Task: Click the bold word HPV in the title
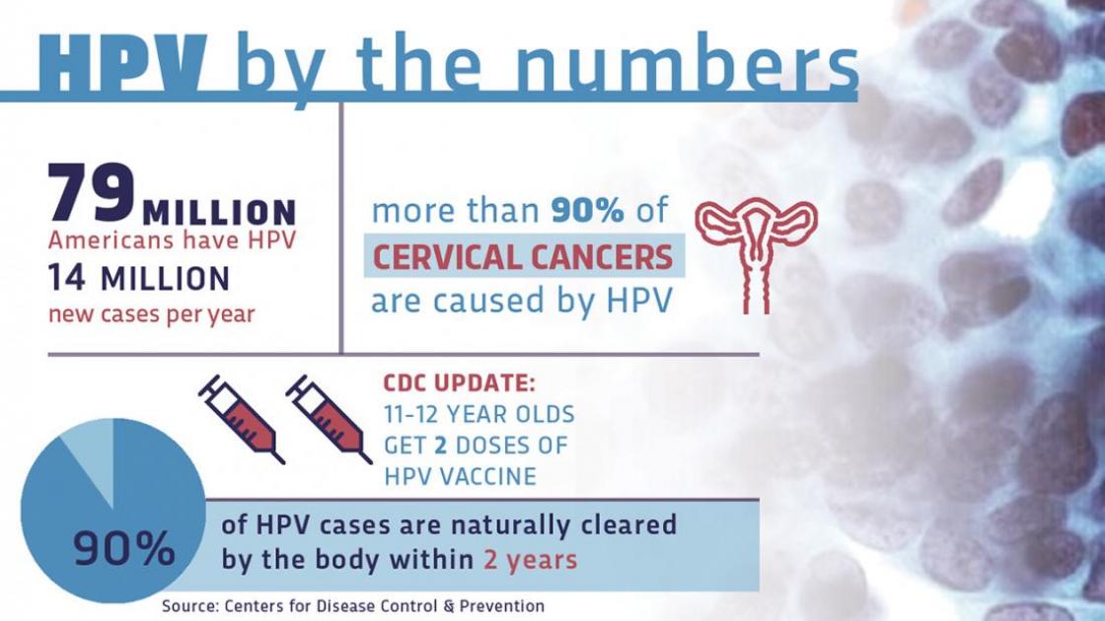[x=122, y=62]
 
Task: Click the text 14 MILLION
[x=139, y=278]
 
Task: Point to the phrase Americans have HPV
[x=172, y=241]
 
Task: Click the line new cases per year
[x=152, y=313]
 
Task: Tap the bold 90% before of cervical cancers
[x=587, y=210]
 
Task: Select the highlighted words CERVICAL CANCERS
[x=523, y=256]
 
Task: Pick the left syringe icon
[x=241, y=419]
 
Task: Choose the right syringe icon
[x=329, y=419]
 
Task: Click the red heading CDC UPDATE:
[x=460, y=383]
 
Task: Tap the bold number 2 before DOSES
[x=441, y=445]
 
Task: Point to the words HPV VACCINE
[x=460, y=477]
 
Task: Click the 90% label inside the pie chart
[x=124, y=549]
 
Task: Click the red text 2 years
[x=530, y=560]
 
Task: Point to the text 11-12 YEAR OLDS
[x=479, y=413]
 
